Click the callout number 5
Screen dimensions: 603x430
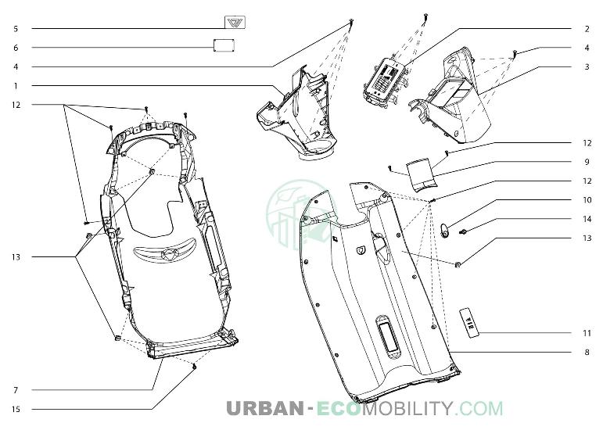[16, 28]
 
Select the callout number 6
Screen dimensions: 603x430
[16, 48]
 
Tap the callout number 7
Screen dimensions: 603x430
[16, 390]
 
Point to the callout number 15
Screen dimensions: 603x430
[16, 409]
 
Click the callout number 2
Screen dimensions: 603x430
[587, 29]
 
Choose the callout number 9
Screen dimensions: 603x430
[587, 162]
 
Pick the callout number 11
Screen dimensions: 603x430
[587, 333]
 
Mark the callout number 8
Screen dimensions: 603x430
[587, 352]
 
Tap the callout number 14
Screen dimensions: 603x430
[587, 219]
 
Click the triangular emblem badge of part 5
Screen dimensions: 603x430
[235, 23]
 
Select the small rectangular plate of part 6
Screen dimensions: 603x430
[224, 45]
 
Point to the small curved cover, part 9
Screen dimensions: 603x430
[422, 174]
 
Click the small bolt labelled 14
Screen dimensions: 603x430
[464, 231]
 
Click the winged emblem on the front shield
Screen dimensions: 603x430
[165, 253]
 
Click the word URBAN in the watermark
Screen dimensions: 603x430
[265, 408]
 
